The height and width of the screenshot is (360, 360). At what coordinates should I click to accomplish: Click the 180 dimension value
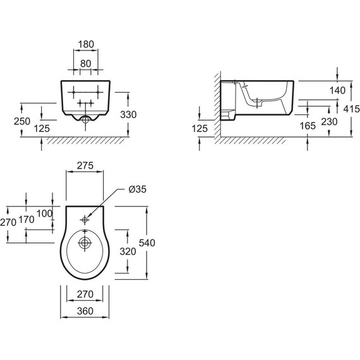point(86,44)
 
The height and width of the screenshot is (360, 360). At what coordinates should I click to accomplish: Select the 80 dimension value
point(86,64)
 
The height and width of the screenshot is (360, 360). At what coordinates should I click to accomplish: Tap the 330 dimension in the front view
point(128,114)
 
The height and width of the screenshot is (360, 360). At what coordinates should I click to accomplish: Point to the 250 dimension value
point(22,121)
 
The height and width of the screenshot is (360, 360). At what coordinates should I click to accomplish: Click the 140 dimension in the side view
point(337,90)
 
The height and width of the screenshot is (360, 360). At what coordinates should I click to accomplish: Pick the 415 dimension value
point(352,109)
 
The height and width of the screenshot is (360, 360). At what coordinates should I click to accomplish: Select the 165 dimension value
point(308,126)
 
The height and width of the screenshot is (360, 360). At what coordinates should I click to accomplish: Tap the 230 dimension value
point(329,122)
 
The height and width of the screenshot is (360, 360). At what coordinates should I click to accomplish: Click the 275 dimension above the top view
point(85,165)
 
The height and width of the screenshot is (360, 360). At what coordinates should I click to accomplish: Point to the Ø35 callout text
point(138,189)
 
